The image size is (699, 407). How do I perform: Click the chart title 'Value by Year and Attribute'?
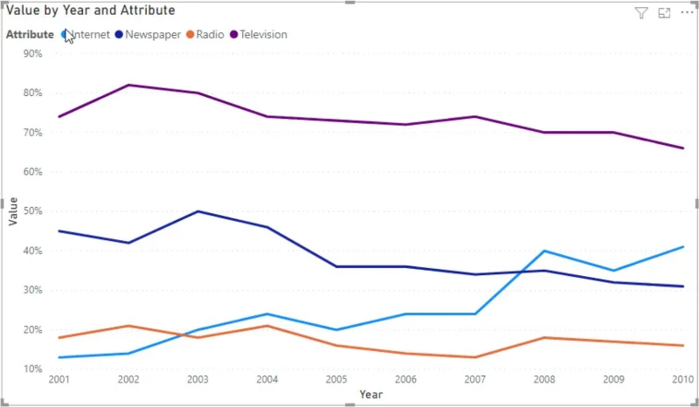(91, 10)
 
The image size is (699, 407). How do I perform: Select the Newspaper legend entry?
(148, 34)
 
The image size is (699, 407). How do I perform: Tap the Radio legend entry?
(205, 34)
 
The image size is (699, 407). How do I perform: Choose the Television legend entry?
(259, 34)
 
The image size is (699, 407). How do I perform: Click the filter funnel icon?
(641, 13)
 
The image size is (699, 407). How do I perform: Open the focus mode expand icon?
(664, 13)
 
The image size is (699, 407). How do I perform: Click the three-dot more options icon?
(687, 12)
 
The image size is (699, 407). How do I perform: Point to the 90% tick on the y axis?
(33, 53)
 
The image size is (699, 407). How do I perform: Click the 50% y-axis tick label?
(33, 210)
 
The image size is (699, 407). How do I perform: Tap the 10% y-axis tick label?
(33, 369)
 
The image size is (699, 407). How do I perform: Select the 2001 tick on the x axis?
(59, 379)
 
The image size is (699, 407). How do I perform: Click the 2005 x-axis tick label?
(336, 379)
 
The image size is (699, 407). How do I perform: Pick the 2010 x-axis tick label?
(683, 379)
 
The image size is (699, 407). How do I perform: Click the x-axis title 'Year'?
(370, 395)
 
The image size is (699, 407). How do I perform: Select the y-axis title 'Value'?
(13, 211)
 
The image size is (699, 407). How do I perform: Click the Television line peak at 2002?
(128, 85)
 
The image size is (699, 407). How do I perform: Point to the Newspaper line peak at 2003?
(197, 210)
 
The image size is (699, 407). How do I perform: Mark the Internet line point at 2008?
(544, 251)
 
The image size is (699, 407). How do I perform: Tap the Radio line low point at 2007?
(475, 357)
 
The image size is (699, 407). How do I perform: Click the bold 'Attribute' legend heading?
(30, 34)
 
